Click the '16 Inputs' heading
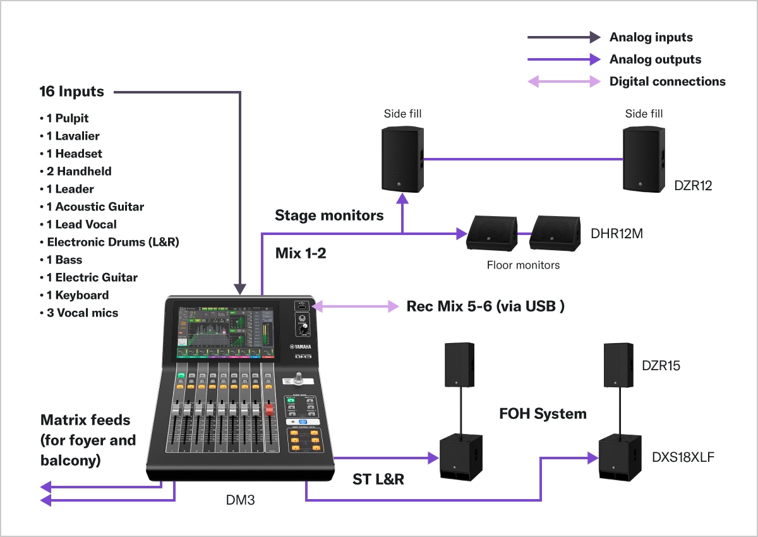[71, 92]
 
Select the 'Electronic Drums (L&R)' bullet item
[113, 242]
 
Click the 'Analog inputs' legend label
[651, 37]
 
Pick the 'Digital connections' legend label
[667, 81]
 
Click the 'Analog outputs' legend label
[655, 59]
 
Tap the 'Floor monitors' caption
[523, 265]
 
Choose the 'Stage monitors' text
[329, 215]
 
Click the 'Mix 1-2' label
[301, 254]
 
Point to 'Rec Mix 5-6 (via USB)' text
[485, 306]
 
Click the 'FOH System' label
[543, 414]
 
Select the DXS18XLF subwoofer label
[683, 457]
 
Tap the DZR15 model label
[661, 365]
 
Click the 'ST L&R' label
[378, 480]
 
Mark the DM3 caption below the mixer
[240, 500]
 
